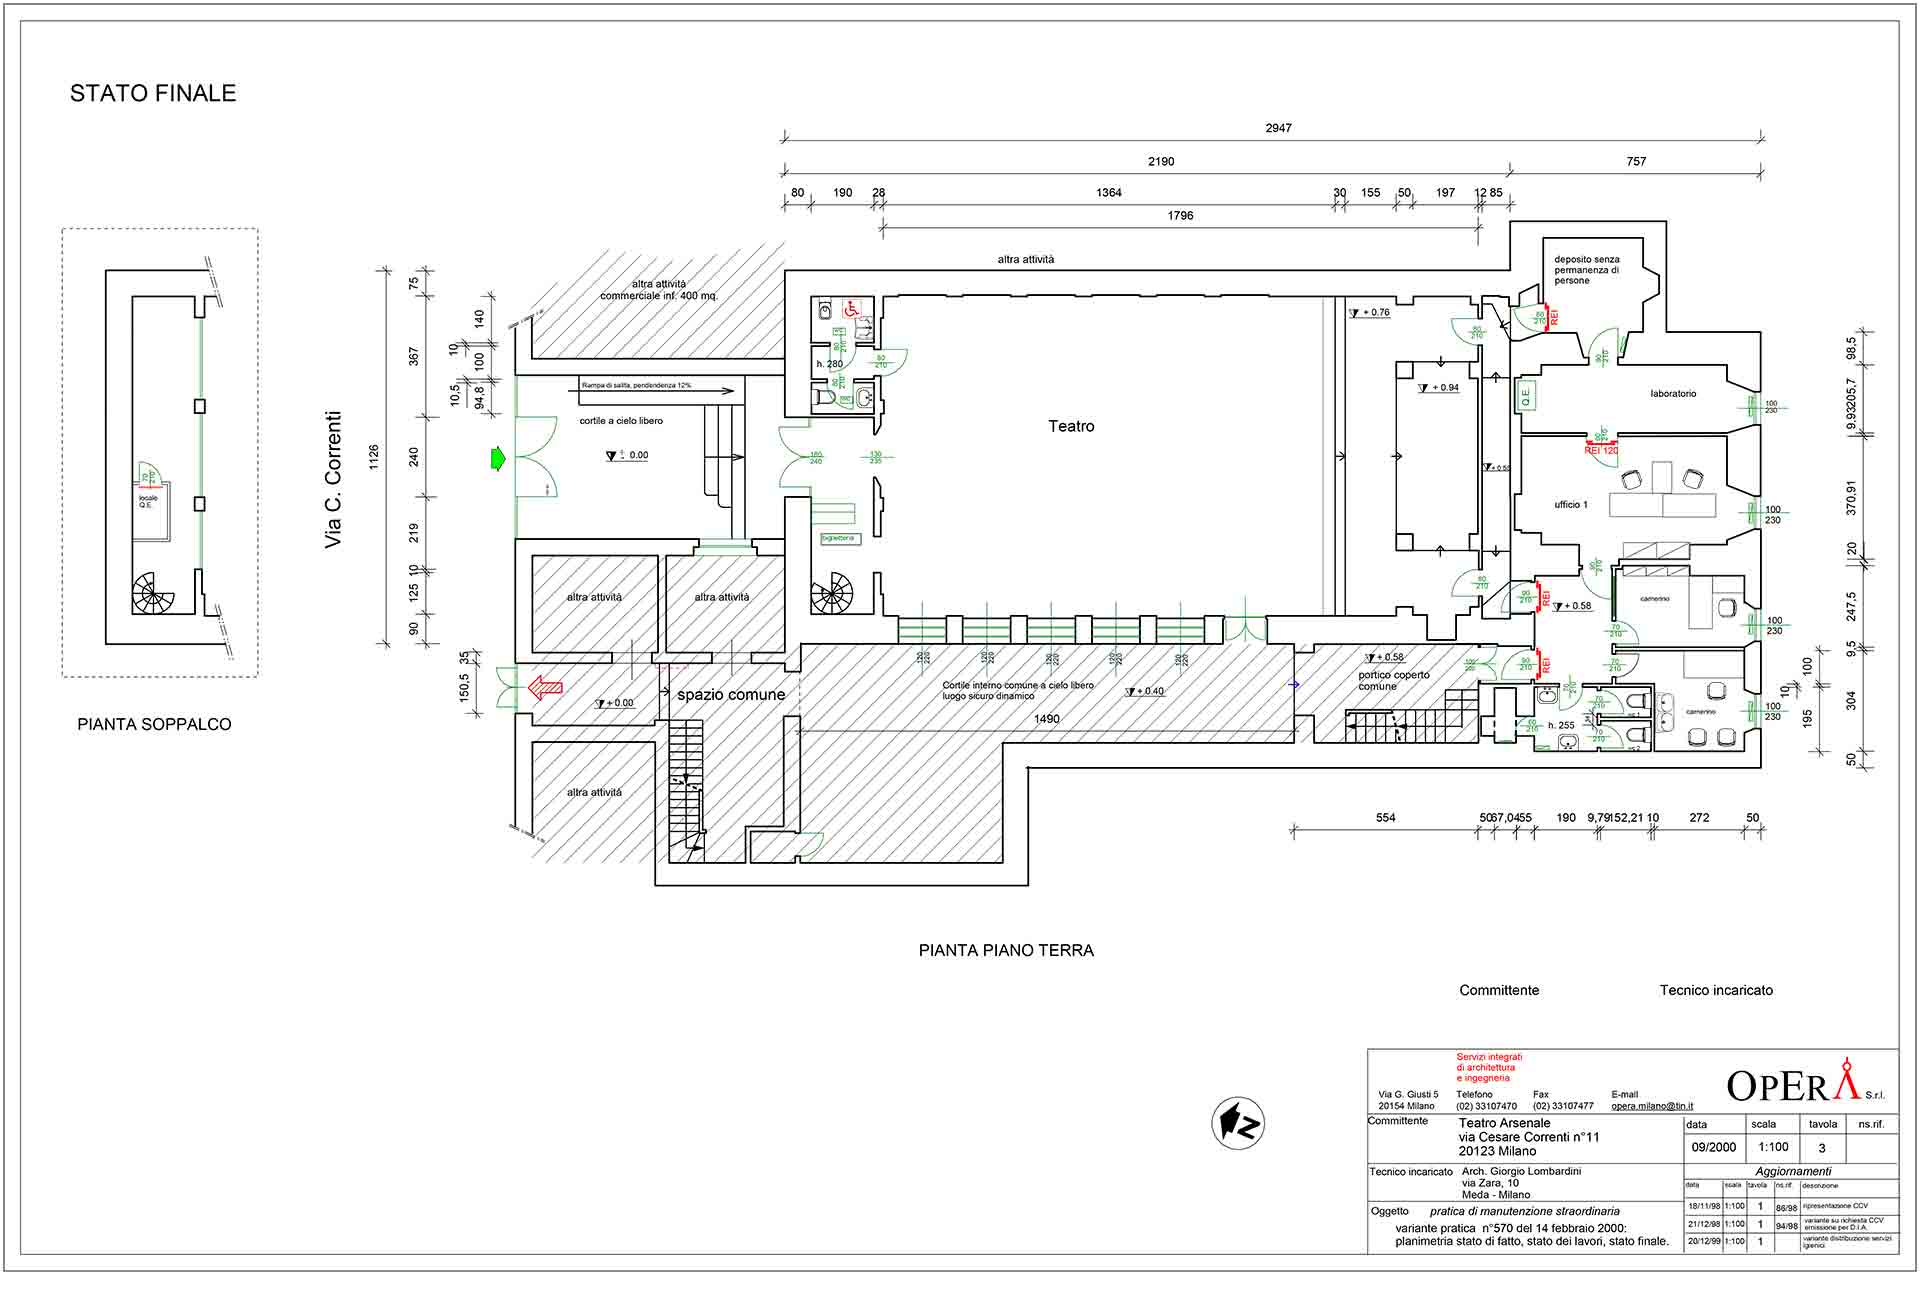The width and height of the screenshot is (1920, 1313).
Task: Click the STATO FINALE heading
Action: point(153,93)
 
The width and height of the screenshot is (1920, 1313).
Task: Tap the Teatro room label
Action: point(1071,426)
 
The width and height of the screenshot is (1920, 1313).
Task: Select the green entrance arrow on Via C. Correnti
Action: point(497,459)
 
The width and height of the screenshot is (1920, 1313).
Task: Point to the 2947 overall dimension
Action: point(1278,128)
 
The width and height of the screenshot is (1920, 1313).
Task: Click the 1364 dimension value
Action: point(1108,193)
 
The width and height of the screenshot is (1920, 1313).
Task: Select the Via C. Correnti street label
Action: point(334,479)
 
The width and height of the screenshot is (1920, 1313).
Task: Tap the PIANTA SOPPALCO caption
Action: point(154,724)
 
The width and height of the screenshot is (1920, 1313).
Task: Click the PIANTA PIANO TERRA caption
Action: point(1006,950)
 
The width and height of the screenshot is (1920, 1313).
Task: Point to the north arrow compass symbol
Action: point(1238,1123)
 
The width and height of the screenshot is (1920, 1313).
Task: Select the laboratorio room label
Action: point(1673,394)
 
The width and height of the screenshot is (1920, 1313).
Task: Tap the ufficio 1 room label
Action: point(1570,505)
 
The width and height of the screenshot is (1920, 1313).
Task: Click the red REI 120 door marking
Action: point(1601,450)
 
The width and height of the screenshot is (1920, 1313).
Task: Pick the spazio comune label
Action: point(731,695)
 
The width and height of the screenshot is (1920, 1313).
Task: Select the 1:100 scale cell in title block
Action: point(1773,1148)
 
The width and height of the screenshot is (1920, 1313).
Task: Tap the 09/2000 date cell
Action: point(1713,1148)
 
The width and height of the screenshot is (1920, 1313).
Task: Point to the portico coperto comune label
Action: point(1393,680)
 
